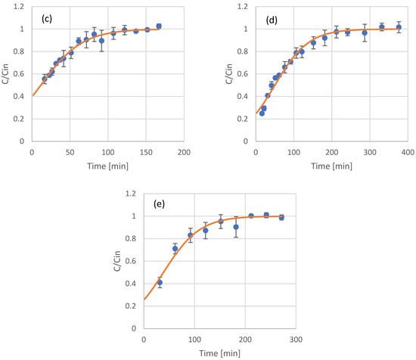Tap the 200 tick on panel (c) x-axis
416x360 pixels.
pyautogui.click(x=183, y=151)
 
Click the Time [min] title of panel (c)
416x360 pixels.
pyautogui.click(x=107, y=165)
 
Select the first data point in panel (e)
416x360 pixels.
pyautogui.click(x=160, y=283)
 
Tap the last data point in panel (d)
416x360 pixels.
pyautogui.click(x=399, y=27)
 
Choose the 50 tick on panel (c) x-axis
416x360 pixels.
pyautogui.click(x=70, y=151)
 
